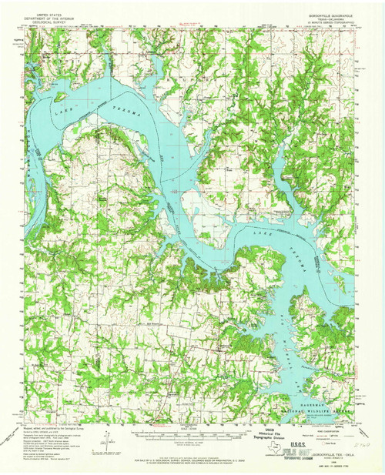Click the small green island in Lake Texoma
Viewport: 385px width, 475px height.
click(x=59, y=97)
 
